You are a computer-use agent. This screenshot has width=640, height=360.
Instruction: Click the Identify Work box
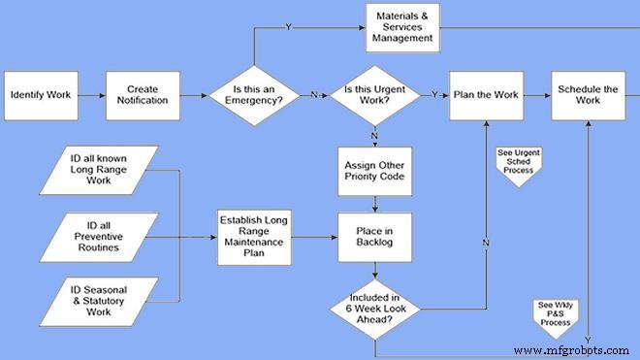(39, 95)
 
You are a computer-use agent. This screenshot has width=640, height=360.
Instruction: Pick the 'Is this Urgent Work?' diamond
(374, 95)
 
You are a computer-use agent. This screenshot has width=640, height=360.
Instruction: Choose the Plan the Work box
(485, 95)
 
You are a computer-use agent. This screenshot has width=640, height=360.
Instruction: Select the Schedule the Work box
(588, 95)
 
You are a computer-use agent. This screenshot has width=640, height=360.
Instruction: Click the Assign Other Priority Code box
(374, 171)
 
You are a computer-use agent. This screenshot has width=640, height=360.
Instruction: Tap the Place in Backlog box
(374, 237)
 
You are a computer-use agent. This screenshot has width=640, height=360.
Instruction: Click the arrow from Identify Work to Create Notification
(89, 95)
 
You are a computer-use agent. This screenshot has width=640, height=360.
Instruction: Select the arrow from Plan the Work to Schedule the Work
(535, 95)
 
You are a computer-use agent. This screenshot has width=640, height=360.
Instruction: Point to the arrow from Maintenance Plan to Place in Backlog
(312, 237)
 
